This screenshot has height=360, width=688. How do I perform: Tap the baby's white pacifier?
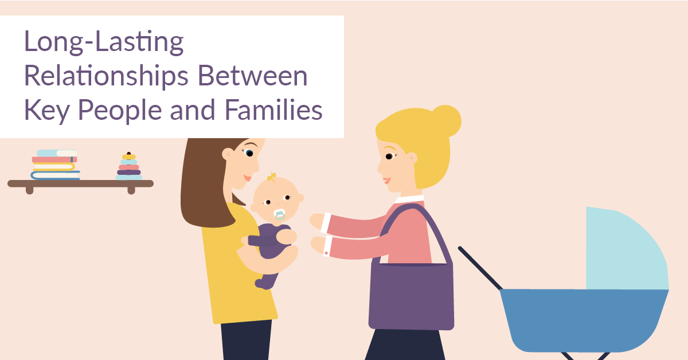(279, 214)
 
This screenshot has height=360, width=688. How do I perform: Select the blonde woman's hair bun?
(446, 119)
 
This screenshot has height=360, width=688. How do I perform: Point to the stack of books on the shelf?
(54, 165)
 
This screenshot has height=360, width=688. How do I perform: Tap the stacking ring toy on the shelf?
(128, 167)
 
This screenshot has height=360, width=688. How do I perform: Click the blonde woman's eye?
(389, 156)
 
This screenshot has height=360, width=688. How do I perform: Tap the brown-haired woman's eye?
(249, 152)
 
